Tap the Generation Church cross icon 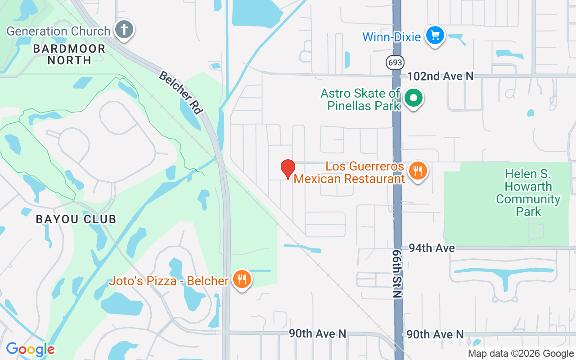(x=123, y=30)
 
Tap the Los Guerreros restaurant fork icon (x=418, y=171)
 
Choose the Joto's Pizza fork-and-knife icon (x=242, y=280)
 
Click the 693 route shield (x=395, y=62)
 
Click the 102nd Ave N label (x=440, y=76)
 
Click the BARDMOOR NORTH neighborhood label (x=69, y=54)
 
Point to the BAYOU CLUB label (x=76, y=219)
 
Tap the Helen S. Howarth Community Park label (x=528, y=193)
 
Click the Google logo (x=30, y=349)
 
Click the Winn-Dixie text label (x=391, y=36)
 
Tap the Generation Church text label (x=58, y=31)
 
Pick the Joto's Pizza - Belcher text (x=169, y=281)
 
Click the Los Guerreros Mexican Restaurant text (x=349, y=172)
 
